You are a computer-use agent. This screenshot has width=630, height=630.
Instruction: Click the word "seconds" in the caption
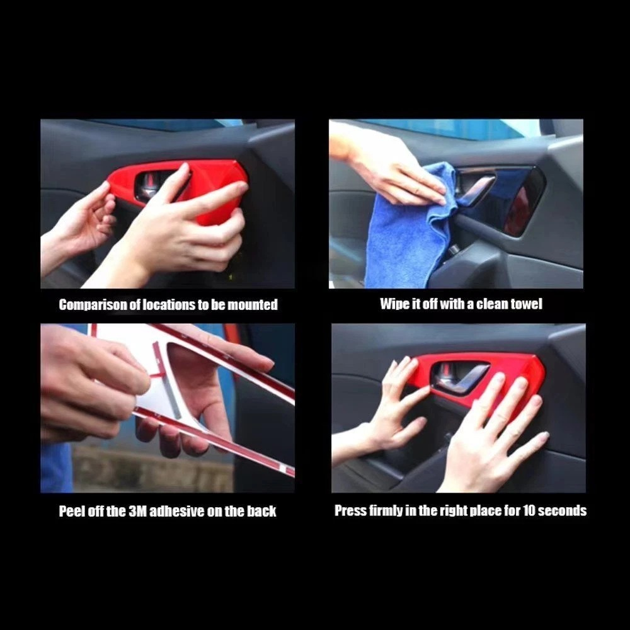pyautogui.click(x=562, y=511)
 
